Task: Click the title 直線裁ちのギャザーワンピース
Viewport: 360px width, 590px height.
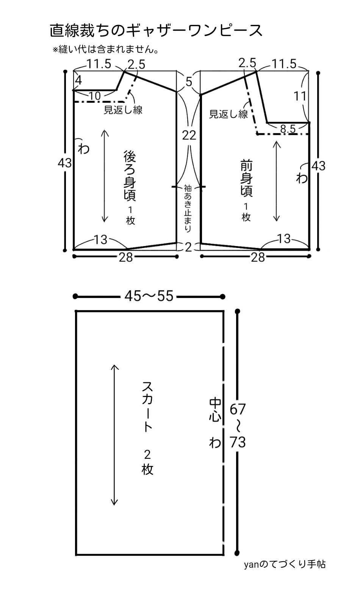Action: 156,31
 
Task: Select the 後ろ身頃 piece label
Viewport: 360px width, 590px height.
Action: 130,176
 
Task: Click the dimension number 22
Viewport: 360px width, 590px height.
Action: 189,135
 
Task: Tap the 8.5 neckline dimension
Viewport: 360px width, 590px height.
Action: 288,129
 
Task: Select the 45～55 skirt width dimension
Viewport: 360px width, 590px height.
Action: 149,296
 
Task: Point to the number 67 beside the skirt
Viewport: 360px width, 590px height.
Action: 238,410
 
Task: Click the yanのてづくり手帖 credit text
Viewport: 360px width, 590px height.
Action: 285,564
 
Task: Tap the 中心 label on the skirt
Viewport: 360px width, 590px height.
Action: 215,410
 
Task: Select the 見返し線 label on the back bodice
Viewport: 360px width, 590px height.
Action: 123,110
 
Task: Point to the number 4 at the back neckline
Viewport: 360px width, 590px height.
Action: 78,80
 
